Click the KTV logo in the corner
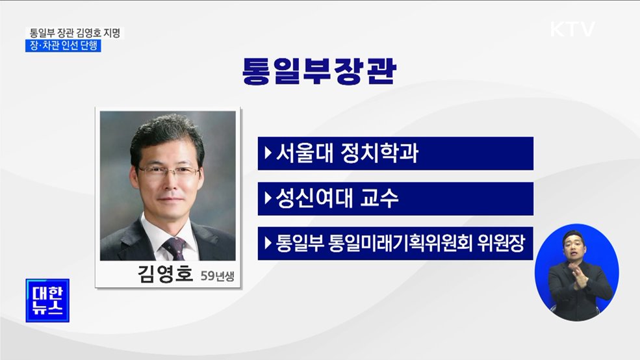pyautogui.click(x=572, y=29)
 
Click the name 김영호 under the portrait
pyautogui.click(x=166, y=273)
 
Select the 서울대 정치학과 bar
pyautogui.click(x=395, y=153)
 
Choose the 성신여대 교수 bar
pyautogui.click(x=395, y=199)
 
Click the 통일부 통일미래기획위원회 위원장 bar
pyautogui.click(x=395, y=244)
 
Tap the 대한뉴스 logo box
pyautogui.click(x=47, y=300)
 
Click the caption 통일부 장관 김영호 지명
pyautogui.click(x=75, y=32)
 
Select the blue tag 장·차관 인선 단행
pyautogui.click(x=64, y=46)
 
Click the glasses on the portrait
pyautogui.click(x=168, y=172)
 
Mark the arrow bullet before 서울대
pyautogui.click(x=268, y=154)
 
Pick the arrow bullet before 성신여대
pyautogui.click(x=268, y=199)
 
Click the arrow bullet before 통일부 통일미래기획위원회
pyautogui.click(x=268, y=244)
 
